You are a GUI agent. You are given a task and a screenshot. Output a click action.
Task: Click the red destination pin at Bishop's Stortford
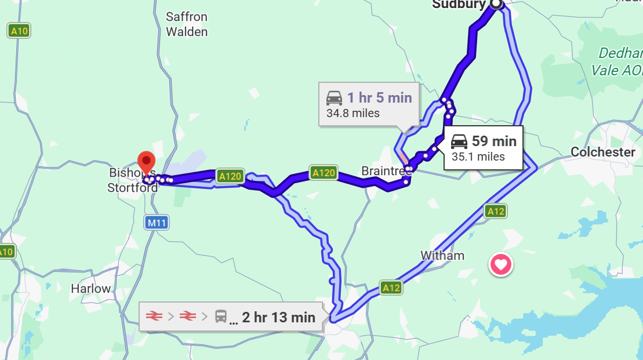point(147,161)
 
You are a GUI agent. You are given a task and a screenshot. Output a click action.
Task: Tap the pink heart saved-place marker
point(501,265)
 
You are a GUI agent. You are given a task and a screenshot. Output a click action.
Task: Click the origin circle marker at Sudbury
point(496,4)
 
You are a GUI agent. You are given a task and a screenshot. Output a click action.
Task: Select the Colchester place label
point(603,152)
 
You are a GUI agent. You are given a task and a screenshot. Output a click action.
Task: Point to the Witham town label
point(442,256)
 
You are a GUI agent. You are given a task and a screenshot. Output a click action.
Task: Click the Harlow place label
point(90,288)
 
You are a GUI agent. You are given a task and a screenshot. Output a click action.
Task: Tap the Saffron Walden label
point(187,24)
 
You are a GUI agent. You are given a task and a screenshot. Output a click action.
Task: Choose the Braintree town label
point(386,171)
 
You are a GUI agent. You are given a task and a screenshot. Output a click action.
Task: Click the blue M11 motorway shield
point(156,222)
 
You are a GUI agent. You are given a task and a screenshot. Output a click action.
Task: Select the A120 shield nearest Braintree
point(324,173)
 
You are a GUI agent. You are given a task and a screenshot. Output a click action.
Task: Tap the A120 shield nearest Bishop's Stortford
point(229,176)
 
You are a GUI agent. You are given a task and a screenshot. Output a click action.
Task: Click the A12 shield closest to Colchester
point(496,211)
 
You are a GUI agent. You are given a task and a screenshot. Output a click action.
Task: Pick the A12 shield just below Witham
point(391,287)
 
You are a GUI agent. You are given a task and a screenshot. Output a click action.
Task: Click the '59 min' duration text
point(494,141)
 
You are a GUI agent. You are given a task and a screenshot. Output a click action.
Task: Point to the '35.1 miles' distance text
point(478,157)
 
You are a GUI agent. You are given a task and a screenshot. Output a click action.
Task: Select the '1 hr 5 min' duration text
point(379,97)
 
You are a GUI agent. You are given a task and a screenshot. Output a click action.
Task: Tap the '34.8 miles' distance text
point(353,113)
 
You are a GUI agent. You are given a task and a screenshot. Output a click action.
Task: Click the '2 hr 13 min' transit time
point(279,317)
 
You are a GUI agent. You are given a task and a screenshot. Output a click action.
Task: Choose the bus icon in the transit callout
point(221,317)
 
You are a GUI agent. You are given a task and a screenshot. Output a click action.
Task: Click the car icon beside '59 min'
point(459,141)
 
